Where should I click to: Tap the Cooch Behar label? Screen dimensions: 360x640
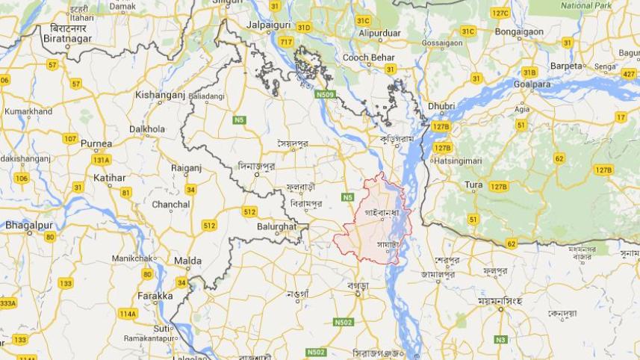368,58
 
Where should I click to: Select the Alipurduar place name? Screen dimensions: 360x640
380,33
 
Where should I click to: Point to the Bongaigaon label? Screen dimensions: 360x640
520,33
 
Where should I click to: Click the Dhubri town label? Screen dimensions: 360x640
441,106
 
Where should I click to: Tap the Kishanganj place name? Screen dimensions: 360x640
160,95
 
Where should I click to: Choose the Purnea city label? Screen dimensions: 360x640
96,143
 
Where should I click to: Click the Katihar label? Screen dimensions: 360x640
110,177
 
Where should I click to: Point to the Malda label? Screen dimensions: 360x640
187,261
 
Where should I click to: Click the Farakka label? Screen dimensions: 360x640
155,296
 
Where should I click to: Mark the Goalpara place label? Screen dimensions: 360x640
532,84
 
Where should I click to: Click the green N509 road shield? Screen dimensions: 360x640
324,94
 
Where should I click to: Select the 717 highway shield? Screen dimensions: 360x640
286,42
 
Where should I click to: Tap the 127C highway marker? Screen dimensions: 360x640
500,13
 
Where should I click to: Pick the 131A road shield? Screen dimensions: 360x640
101,160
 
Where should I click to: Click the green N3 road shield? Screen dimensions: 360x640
500,339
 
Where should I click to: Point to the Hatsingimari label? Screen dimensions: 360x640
458,161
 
